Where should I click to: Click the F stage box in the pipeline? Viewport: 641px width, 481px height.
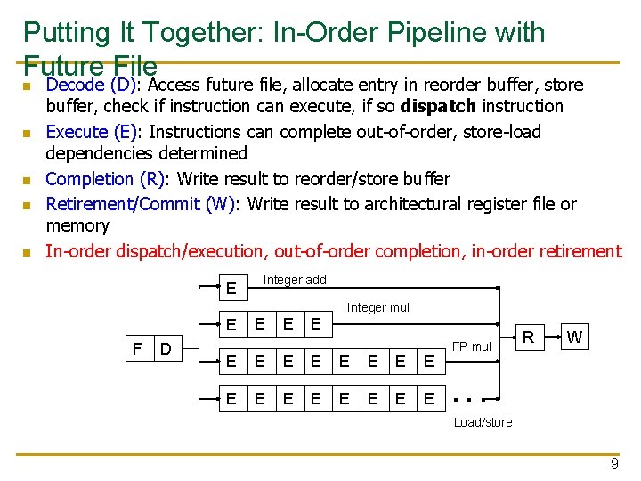click(x=136, y=346)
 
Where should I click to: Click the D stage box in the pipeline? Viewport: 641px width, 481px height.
click(x=166, y=346)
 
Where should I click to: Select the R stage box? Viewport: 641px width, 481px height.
click(x=528, y=338)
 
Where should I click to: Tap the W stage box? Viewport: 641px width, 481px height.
click(x=574, y=338)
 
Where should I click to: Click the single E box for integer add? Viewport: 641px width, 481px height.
click(x=231, y=289)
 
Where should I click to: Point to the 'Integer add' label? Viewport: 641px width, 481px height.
click(x=295, y=280)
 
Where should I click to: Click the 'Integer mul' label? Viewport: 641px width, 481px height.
click(x=377, y=307)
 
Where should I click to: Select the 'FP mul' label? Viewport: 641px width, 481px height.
click(x=471, y=346)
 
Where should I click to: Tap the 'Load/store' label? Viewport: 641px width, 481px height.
click(x=483, y=422)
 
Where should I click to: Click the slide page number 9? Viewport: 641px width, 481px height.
click(x=613, y=463)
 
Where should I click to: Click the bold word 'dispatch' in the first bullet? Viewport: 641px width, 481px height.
click(x=437, y=106)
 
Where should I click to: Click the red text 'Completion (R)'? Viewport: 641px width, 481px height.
click(x=105, y=179)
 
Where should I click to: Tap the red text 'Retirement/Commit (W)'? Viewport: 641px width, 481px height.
click(x=141, y=204)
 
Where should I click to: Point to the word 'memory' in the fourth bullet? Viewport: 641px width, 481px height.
click(x=77, y=226)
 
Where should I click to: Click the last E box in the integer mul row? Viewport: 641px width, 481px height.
click(x=316, y=324)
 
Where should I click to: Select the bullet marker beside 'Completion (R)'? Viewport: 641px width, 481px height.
click(x=28, y=181)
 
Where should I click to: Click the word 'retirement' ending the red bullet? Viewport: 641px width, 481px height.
click(x=575, y=251)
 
